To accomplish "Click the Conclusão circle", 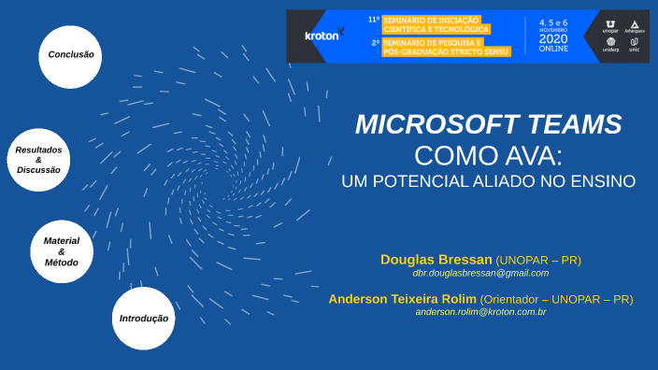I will [71, 56].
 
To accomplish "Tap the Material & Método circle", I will [62, 251].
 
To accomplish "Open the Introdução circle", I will [143, 319].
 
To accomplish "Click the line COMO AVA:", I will [489, 154].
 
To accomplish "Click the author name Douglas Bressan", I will [436, 259].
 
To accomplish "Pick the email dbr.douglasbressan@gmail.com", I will [480, 273].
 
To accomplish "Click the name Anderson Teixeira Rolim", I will [402, 299].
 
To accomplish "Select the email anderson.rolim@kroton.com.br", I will [480, 312].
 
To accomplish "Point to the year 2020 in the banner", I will [552, 39].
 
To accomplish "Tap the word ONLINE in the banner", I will [552, 49].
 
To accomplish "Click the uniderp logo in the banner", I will [611, 44].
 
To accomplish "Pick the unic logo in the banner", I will [635, 44].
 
